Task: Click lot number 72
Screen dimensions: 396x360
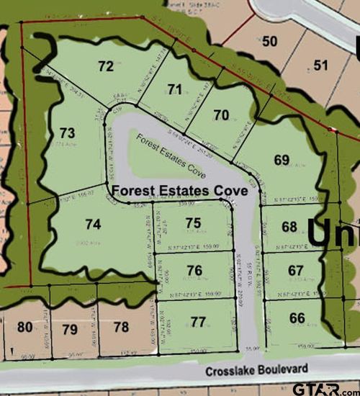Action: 106,66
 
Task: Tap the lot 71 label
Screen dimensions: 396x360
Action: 174,89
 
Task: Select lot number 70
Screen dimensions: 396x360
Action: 221,114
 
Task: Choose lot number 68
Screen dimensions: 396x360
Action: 289,227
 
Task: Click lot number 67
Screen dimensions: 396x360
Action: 296,269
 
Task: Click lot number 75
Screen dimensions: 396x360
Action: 193,223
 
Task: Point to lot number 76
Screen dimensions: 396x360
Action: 194,270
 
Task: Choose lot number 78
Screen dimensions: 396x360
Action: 120,328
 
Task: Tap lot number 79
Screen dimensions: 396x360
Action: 70,329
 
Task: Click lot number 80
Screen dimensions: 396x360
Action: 25,328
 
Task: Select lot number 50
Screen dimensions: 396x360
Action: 270,41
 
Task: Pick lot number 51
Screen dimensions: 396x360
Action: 321,66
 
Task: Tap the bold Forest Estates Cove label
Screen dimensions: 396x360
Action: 179,191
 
